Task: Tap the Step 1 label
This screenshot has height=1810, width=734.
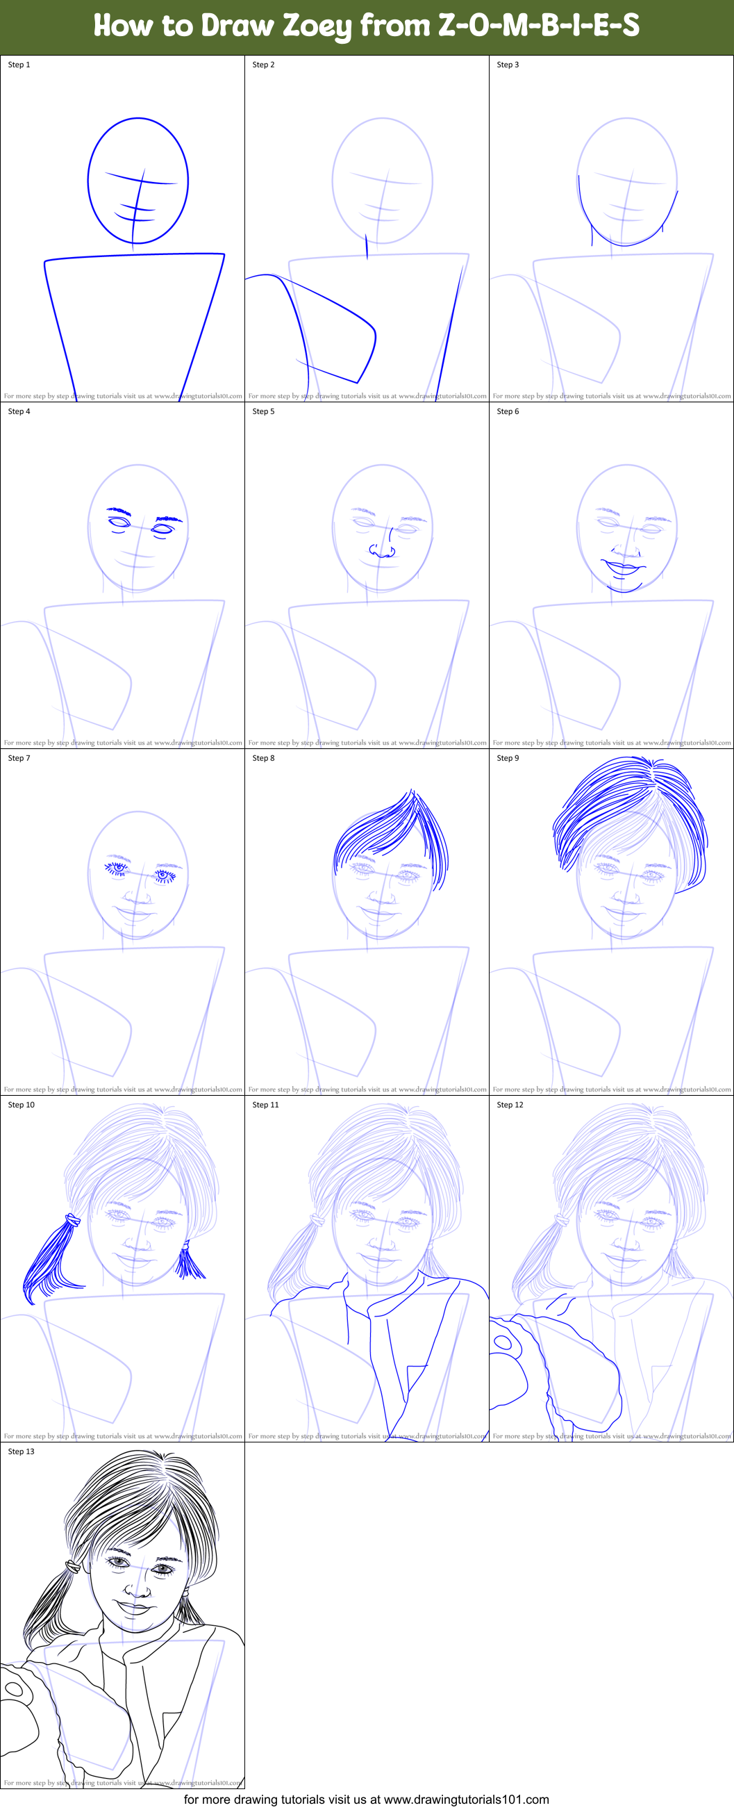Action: click(19, 65)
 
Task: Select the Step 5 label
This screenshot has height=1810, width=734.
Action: click(263, 411)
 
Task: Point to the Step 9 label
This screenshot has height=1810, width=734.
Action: click(508, 758)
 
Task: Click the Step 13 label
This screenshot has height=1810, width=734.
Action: click(21, 1451)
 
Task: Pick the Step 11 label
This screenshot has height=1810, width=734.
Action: click(265, 1105)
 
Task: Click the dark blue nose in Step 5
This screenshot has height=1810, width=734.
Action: click(382, 551)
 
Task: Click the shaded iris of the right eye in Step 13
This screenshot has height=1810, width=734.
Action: click(163, 1569)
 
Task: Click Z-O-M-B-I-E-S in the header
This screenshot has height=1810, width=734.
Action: click(539, 26)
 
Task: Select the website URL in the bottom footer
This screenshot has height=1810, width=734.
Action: click(467, 1800)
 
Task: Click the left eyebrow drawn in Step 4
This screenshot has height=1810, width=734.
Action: click(119, 510)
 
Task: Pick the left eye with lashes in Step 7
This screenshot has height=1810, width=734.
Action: click(117, 869)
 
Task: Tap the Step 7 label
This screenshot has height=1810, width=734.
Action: click(19, 758)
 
